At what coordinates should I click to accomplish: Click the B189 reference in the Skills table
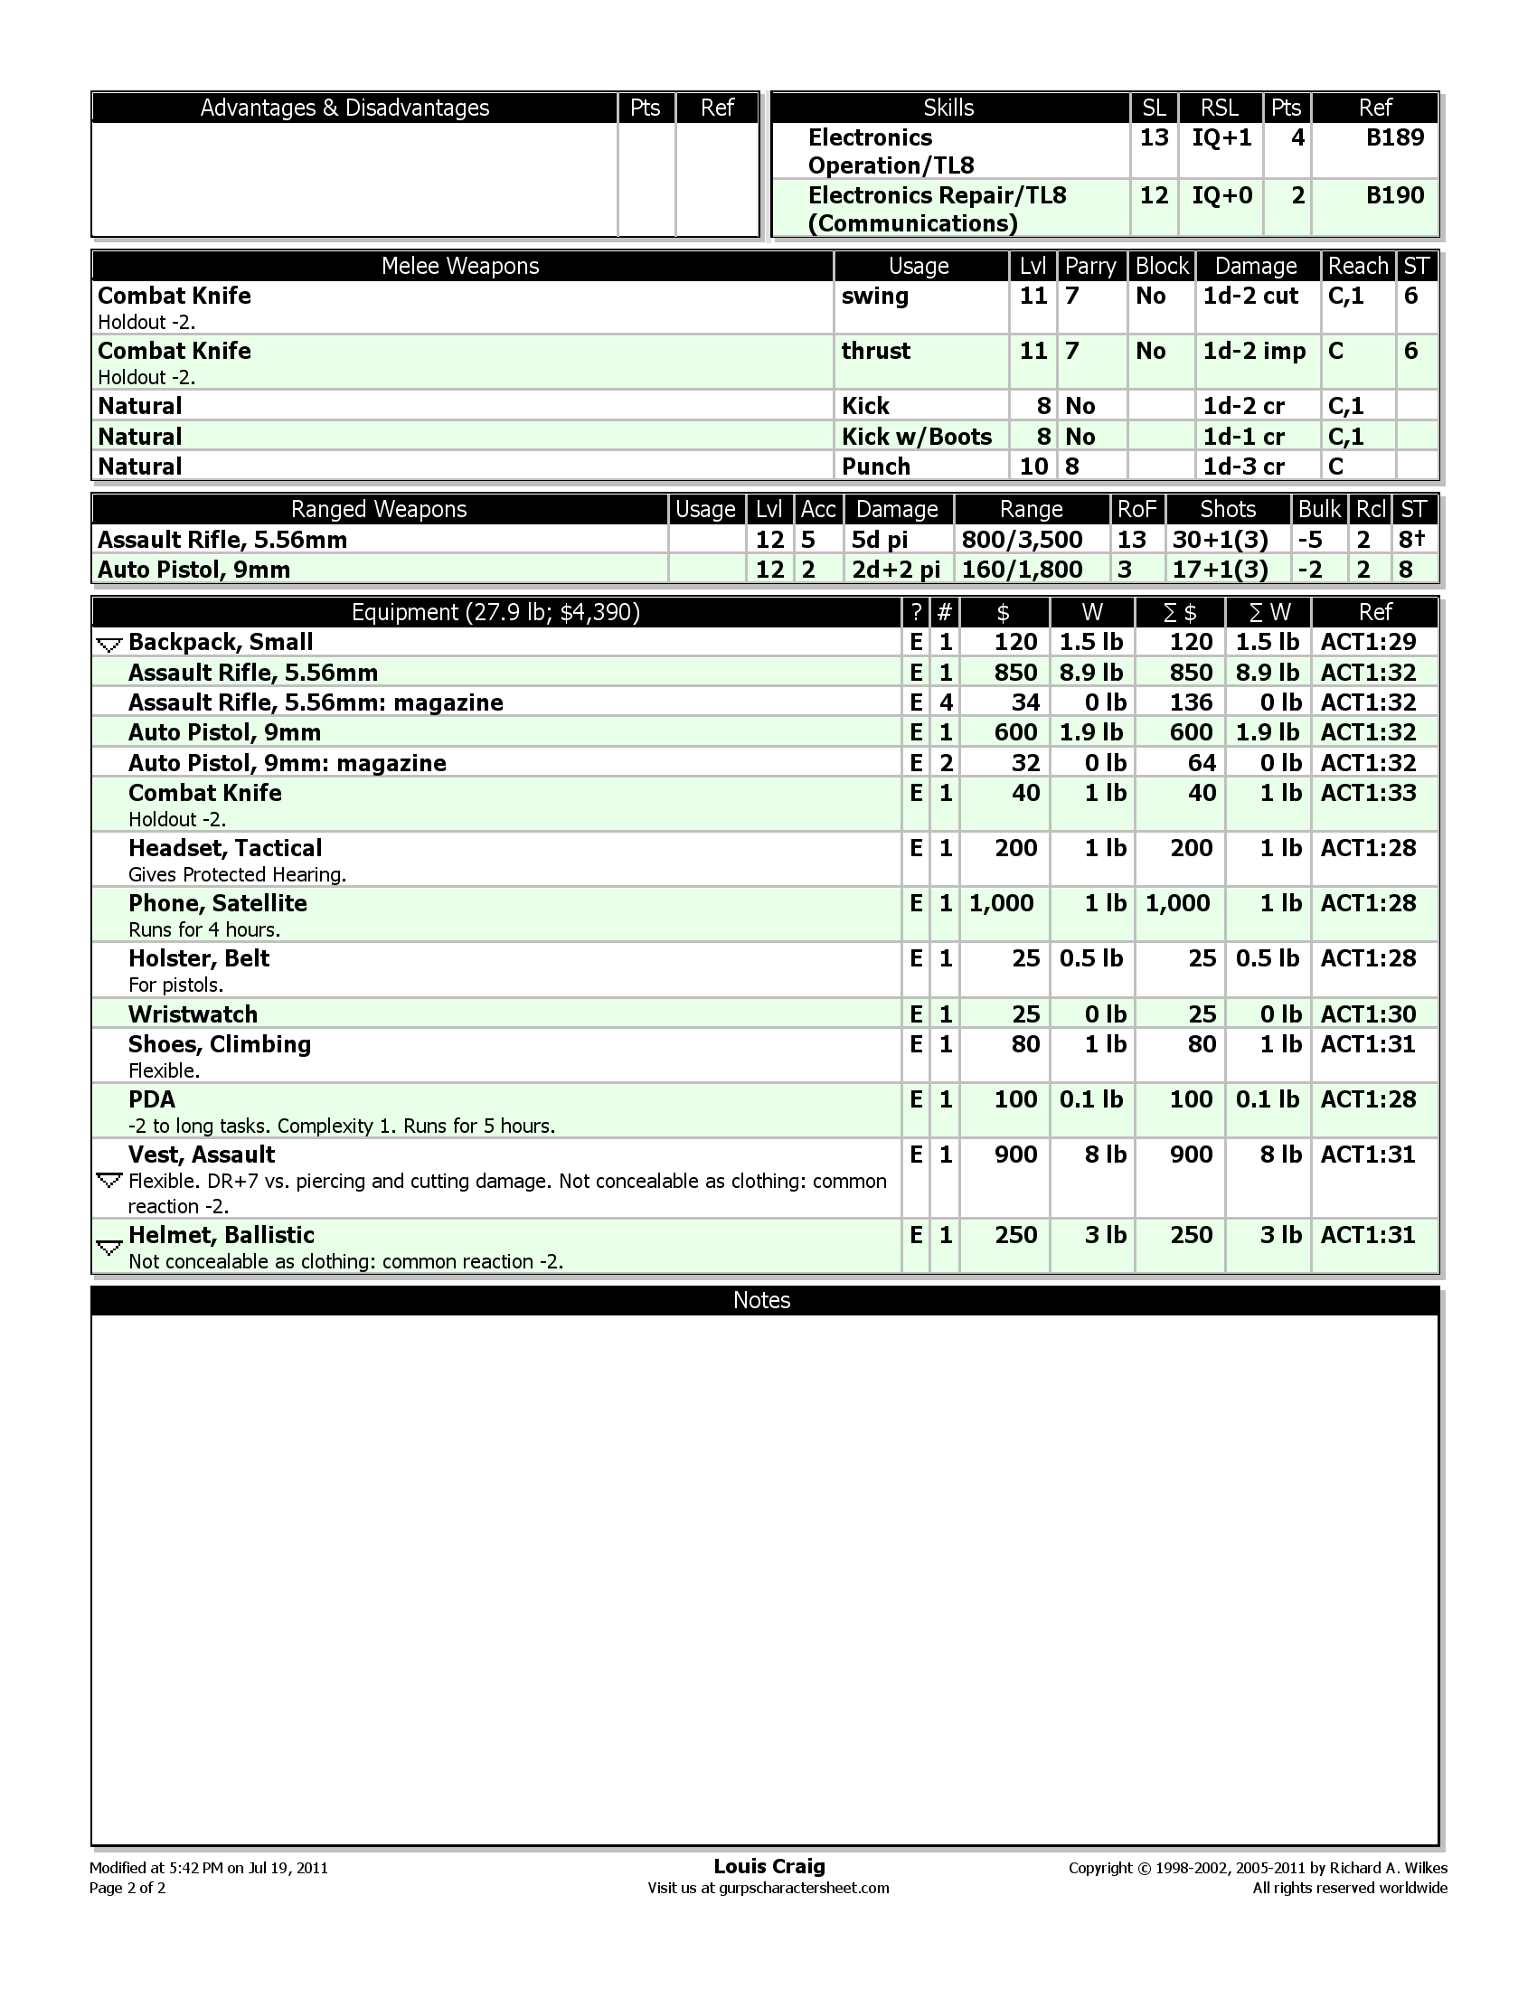[x=1395, y=137]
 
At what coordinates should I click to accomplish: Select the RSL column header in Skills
[x=1220, y=108]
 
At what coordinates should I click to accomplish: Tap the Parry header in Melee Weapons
[x=1090, y=266]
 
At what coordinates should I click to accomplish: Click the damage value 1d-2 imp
[x=1254, y=351]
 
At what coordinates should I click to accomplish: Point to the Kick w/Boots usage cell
[x=916, y=437]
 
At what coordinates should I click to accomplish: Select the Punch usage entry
[x=875, y=467]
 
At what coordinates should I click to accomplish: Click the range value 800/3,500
[x=1022, y=539]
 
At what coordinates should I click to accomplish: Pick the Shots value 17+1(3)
[x=1221, y=570]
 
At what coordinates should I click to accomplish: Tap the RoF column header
[x=1136, y=509]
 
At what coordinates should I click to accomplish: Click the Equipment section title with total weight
[x=495, y=612]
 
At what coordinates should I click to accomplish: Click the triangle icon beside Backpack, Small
[x=108, y=645]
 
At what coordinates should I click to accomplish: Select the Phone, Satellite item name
[x=218, y=902]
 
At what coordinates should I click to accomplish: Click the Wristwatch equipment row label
[x=193, y=1013]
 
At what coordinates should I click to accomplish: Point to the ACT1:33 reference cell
[x=1368, y=792]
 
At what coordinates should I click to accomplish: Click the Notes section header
[x=761, y=1299]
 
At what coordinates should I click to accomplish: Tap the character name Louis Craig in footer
[x=768, y=1866]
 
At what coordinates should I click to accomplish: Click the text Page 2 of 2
[x=127, y=1887]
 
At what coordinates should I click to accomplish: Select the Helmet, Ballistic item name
[x=222, y=1234]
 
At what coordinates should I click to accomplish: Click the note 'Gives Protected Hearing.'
[x=237, y=874]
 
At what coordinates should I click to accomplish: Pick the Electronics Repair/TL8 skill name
[x=937, y=195]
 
